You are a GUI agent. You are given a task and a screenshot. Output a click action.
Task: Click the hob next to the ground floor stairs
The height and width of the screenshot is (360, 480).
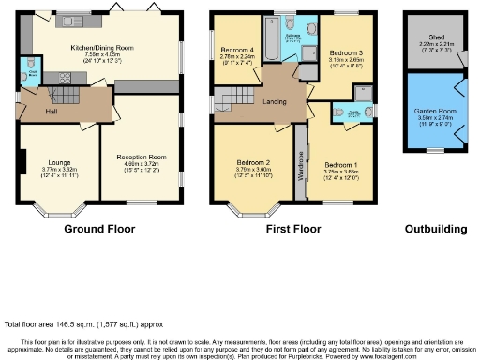(67, 78)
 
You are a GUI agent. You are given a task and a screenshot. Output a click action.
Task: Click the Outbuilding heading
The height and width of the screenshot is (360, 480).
(435, 228)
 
